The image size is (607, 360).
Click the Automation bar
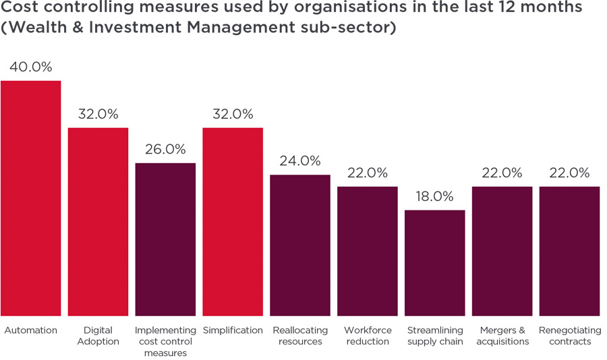(30, 198)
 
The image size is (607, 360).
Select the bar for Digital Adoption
(98, 222)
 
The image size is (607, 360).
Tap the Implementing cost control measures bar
(165, 239)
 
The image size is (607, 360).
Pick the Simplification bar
(233, 222)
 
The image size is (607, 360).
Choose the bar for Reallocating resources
(300, 245)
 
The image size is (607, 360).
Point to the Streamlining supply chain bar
(435, 263)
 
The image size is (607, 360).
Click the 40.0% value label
(30, 67)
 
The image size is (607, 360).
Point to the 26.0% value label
(165, 150)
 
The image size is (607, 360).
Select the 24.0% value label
(300, 161)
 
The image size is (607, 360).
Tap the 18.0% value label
(435, 197)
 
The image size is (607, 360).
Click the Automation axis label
(30, 330)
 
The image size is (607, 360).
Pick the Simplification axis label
(233, 330)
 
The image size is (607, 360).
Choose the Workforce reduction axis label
(368, 336)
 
